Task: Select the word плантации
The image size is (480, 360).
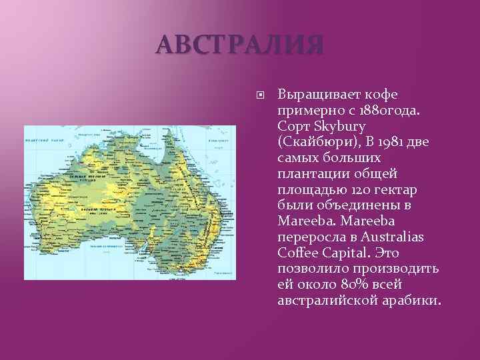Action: coord(309,173)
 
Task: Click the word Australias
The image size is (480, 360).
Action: coord(395,237)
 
